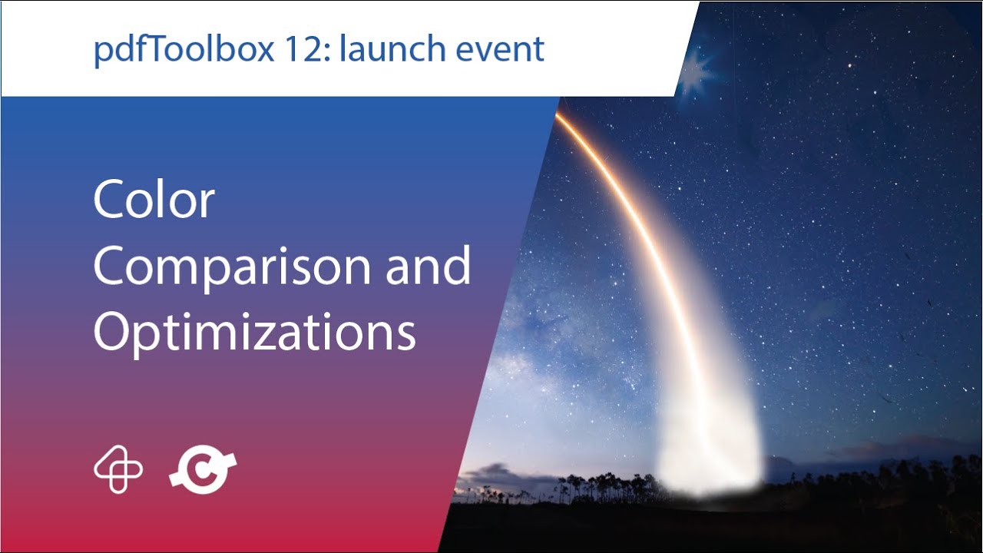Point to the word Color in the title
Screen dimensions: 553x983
point(154,200)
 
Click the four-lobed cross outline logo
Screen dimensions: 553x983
point(118,470)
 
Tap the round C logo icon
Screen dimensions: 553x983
point(203,470)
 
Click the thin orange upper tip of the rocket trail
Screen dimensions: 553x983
point(564,123)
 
